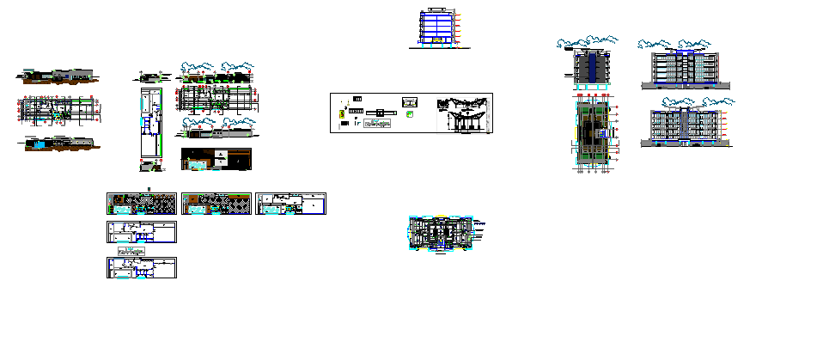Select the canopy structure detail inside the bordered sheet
click(x=464, y=114)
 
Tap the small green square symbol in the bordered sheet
click(x=410, y=113)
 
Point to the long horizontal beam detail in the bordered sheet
click(x=377, y=113)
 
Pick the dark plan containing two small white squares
click(x=216, y=159)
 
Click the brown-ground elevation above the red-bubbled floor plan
click(x=58, y=76)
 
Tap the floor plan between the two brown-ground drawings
click(x=60, y=110)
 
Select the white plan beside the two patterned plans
click(x=291, y=204)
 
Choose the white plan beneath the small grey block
click(x=141, y=268)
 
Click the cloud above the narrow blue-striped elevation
click(x=588, y=41)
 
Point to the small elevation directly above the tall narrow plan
click(x=153, y=76)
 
